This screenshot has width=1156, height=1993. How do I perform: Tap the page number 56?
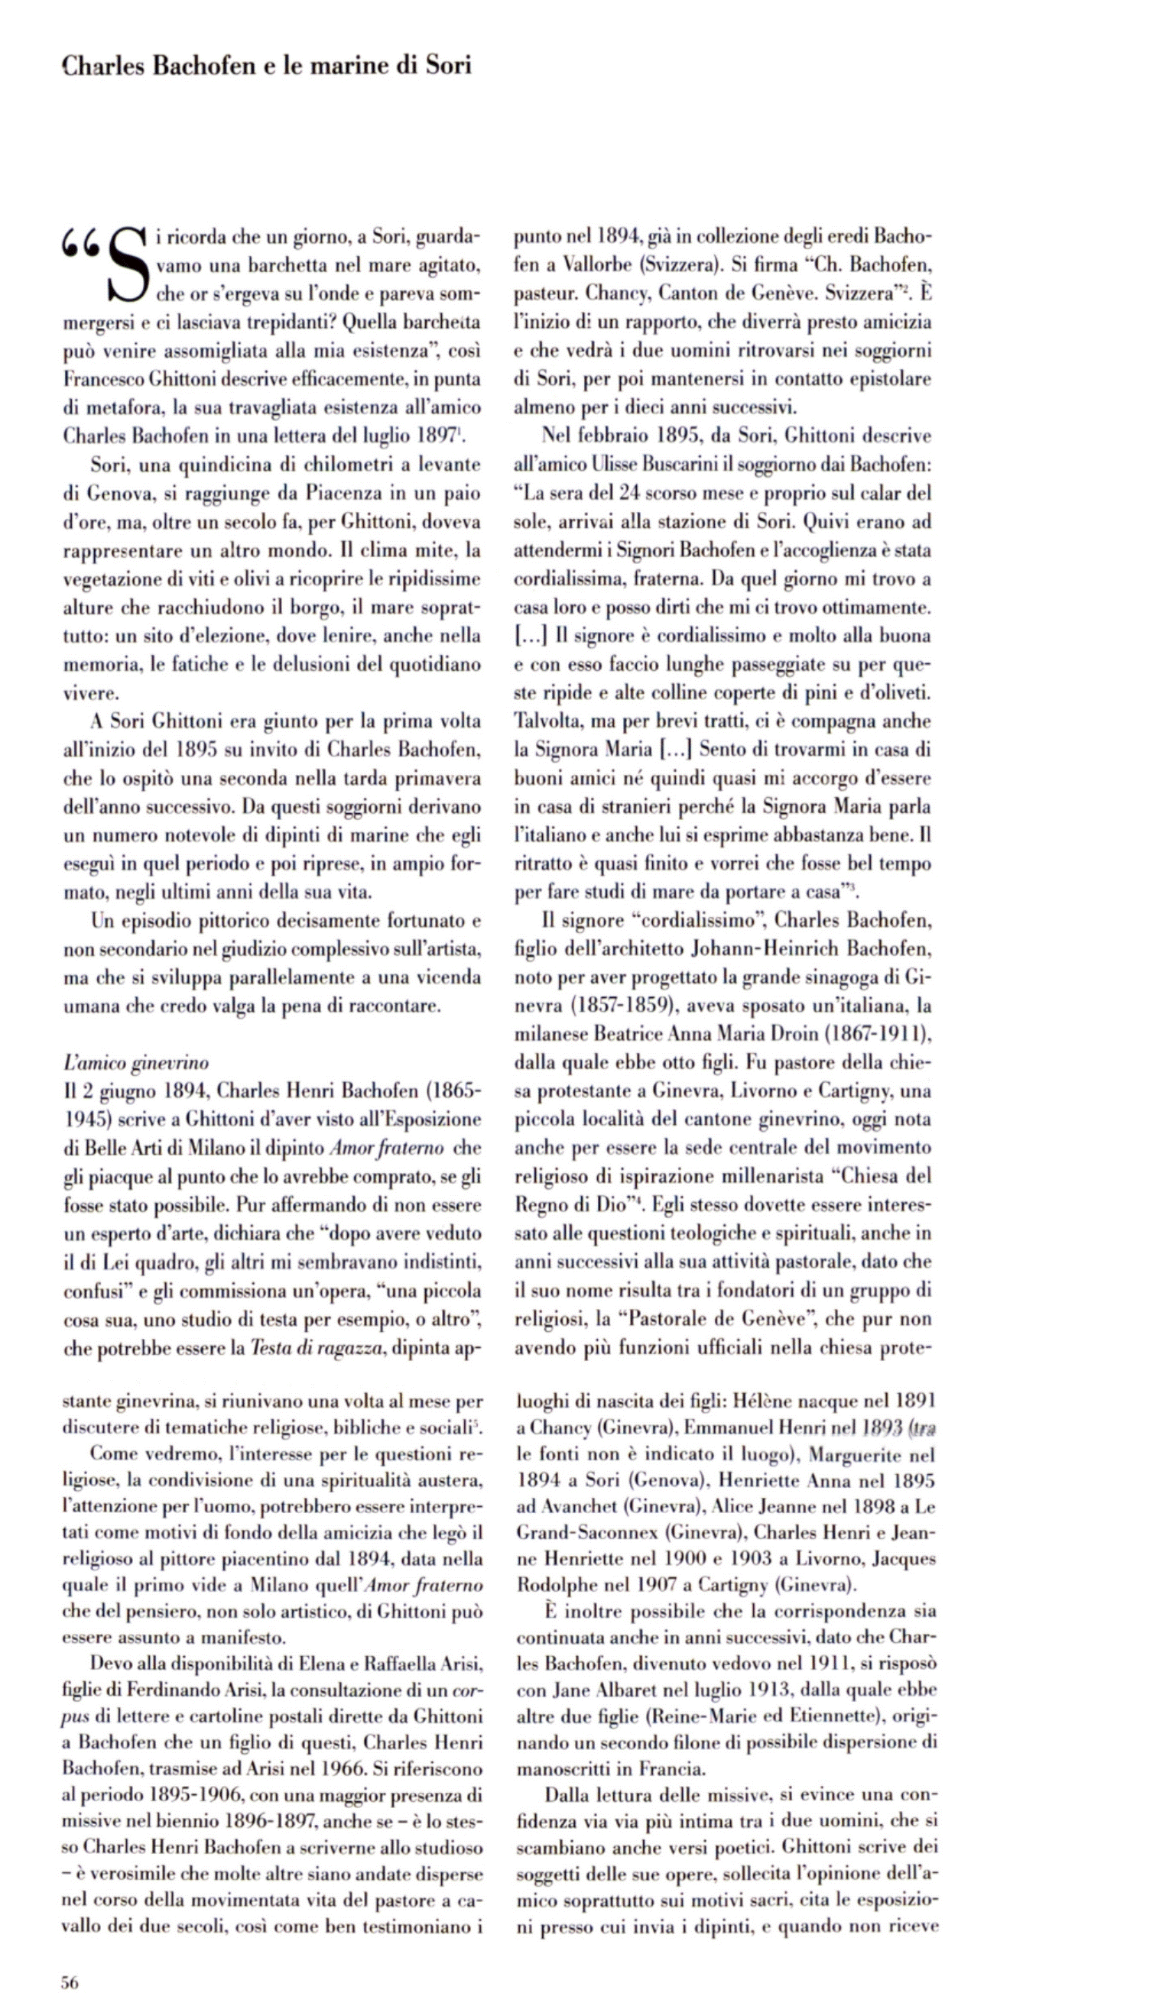(70, 1975)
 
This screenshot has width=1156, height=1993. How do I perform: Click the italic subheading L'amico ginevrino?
(135, 1062)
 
